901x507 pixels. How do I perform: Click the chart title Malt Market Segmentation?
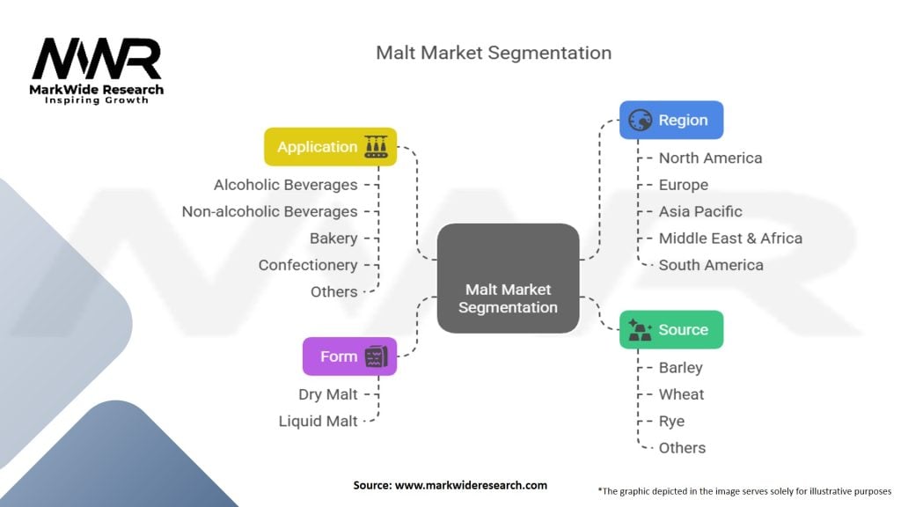(x=493, y=53)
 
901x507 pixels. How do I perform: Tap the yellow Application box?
(x=330, y=147)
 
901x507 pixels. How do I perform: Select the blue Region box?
(x=670, y=120)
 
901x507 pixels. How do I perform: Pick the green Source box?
(x=670, y=329)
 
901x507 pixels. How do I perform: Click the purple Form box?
(x=349, y=356)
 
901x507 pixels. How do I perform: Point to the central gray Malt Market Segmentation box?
(x=508, y=278)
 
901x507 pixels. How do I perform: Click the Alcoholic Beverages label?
(x=285, y=185)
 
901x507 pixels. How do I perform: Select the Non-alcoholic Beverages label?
(x=269, y=211)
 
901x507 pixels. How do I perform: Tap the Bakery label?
(x=333, y=239)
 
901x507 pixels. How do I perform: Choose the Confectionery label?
(x=308, y=265)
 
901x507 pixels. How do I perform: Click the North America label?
(x=710, y=158)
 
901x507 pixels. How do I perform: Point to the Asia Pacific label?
(x=700, y=211)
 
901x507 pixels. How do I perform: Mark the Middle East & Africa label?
(x=730, y=238)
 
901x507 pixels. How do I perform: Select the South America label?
(x=711, y=265)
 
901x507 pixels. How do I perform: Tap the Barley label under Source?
(x=680, y=368)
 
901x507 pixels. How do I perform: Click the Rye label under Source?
(x=671, y=421)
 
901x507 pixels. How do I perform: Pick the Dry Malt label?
(x=327, y=394)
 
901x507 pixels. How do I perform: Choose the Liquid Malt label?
(x=318, y=421)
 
